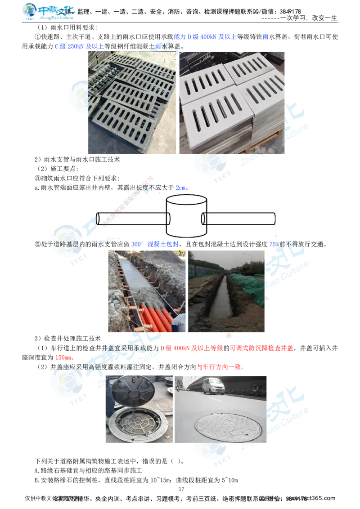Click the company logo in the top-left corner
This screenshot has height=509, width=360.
coord(48,12)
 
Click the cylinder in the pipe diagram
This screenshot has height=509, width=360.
coord(185,216)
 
